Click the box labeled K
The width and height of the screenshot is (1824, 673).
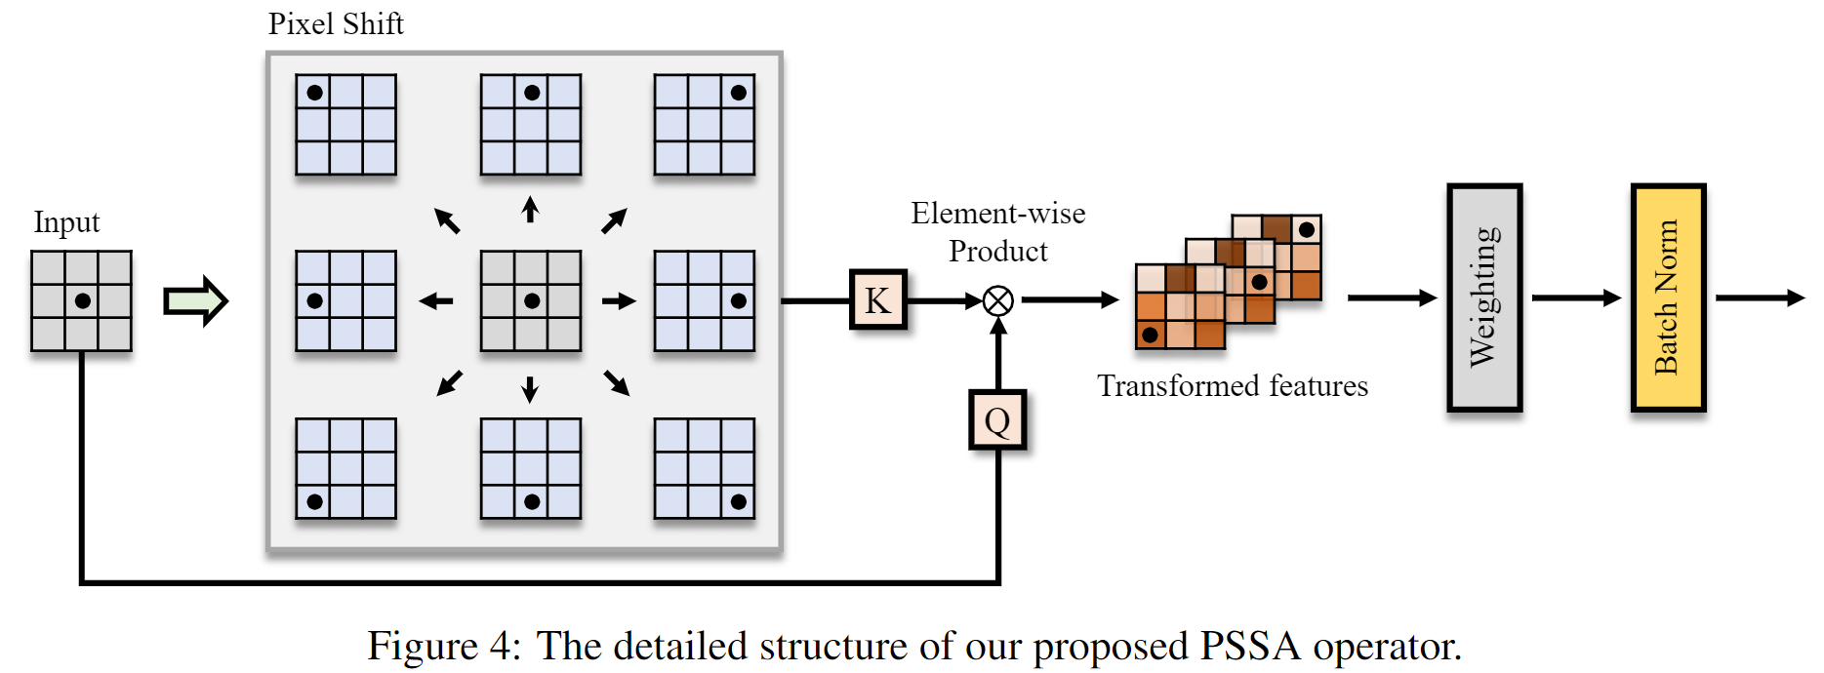877,300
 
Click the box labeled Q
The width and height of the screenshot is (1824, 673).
997,420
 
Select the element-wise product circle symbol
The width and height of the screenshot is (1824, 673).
997,300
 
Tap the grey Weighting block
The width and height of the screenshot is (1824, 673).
1484,297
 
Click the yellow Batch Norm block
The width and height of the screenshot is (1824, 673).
1668,297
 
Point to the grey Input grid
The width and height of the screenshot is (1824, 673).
81,301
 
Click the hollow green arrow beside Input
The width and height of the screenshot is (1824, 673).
195,301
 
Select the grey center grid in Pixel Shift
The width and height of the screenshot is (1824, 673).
531,301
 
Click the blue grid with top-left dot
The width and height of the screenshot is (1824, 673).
345,125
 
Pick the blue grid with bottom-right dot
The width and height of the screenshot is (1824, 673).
704,469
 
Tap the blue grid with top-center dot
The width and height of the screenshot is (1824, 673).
531,125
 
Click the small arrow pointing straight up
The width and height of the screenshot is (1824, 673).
530,210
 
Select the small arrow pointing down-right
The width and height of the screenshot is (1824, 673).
617,382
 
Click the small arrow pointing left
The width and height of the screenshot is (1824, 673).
436,301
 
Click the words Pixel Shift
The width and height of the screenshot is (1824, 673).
336,24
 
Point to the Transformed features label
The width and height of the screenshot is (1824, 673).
1233,386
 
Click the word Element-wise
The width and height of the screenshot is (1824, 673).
997,214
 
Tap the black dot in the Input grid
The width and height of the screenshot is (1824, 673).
83,301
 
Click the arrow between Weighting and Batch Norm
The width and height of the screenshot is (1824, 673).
1575,297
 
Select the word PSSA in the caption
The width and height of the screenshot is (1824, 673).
1250,647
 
